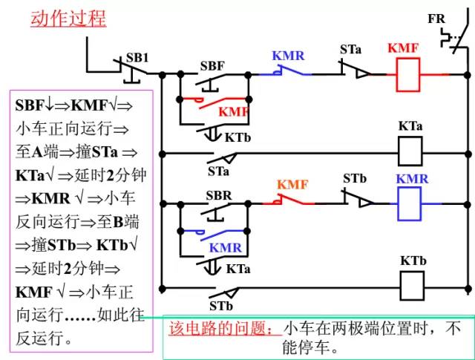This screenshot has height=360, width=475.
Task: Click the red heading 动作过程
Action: (x=68, y=19)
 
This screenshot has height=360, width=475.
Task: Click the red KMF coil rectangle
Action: (x=402, y=74)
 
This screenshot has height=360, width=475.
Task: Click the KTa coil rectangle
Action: (x=410, y=151)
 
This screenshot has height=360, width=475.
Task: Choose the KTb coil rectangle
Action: (x=412, y=283)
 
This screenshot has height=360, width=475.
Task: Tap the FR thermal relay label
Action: (x=436, y=19)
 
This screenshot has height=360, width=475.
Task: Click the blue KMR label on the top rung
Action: (x=288, y=56)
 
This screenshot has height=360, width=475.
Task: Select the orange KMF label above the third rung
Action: (x=293, y=184)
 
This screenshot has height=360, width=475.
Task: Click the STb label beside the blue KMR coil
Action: (x=355, y=180)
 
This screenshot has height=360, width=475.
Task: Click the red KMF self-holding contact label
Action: (x=233, y=111)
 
